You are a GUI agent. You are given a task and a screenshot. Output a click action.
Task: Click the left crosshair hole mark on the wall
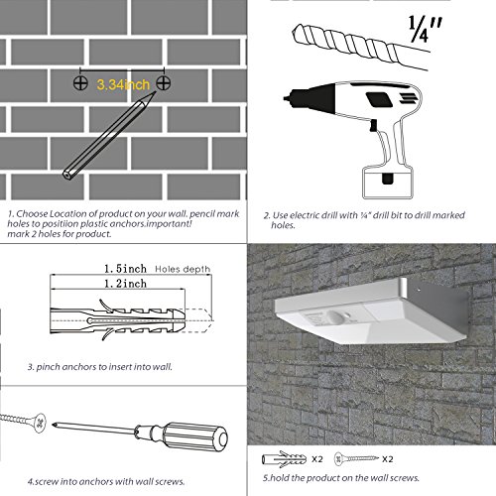coord(80,82)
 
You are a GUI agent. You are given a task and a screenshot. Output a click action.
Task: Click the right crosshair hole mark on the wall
coord(164,82)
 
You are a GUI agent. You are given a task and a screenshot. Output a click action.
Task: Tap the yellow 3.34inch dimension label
coord(123,84)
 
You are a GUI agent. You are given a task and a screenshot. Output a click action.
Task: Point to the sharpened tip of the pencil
coord(154,93)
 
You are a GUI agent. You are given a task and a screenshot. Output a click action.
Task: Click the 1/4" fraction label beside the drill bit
coord(425,29)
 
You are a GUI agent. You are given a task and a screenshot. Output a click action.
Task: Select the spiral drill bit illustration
coord(360,47)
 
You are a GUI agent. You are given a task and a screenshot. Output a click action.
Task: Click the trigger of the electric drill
coord(374,125)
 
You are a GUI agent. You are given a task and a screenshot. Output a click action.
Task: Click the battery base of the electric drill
coord(388,183)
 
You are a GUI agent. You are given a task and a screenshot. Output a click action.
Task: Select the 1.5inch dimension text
coord(125,269)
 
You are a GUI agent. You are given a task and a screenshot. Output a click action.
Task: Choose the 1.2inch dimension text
coord(125,284)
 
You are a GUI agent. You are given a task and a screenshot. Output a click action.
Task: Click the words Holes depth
coord(183,269)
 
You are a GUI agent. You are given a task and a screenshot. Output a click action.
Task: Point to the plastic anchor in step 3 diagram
coord(117,320)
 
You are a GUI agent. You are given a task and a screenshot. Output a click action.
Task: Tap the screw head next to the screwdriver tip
coord(40,423)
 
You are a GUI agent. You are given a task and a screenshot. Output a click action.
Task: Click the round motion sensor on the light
coord(337,318)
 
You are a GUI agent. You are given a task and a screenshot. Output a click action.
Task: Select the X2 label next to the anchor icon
coord(317,459)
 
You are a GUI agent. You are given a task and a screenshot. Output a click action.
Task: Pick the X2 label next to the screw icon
coord(388,459)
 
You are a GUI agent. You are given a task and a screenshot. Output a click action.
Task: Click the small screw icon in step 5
coord(356,458)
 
